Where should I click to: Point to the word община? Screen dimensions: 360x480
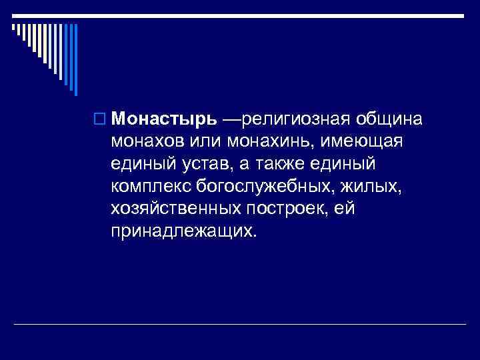(x=388, y=119)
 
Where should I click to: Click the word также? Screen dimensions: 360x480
(x=301, y=165)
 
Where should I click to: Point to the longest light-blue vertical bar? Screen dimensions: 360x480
(x=75, y=59)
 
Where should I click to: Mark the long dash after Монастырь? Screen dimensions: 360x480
(x=231, y=119)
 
